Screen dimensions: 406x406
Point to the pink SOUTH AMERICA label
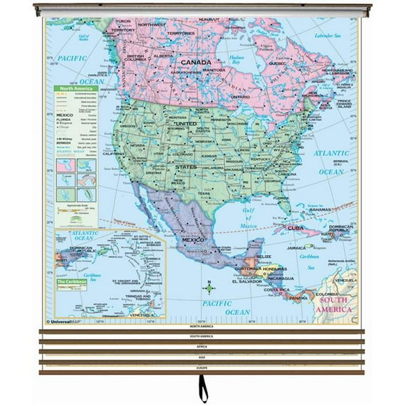[336, 304]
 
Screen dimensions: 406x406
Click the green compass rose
[209, 287]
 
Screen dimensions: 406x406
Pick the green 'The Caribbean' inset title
[73, 282]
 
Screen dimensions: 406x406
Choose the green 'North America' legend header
[75, 90]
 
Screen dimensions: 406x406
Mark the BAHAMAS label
[320, 209]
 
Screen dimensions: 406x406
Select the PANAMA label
[298, 297]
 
